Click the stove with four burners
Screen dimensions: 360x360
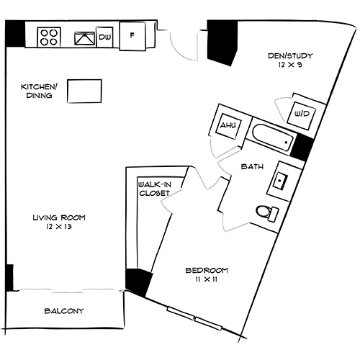coord(49,36)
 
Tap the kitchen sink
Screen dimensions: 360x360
coord(85,36)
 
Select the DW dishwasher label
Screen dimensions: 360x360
coord(105,37)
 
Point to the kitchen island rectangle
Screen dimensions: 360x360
coord(84,91)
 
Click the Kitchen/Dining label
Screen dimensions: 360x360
coord(35,91)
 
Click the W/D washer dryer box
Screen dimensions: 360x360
coord(300,112)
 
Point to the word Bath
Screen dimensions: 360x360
coord(251,166)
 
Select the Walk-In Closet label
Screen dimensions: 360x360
coord(154,189)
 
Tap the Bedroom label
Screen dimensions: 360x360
coord(207,270)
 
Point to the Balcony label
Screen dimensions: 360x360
coord(64,311)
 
